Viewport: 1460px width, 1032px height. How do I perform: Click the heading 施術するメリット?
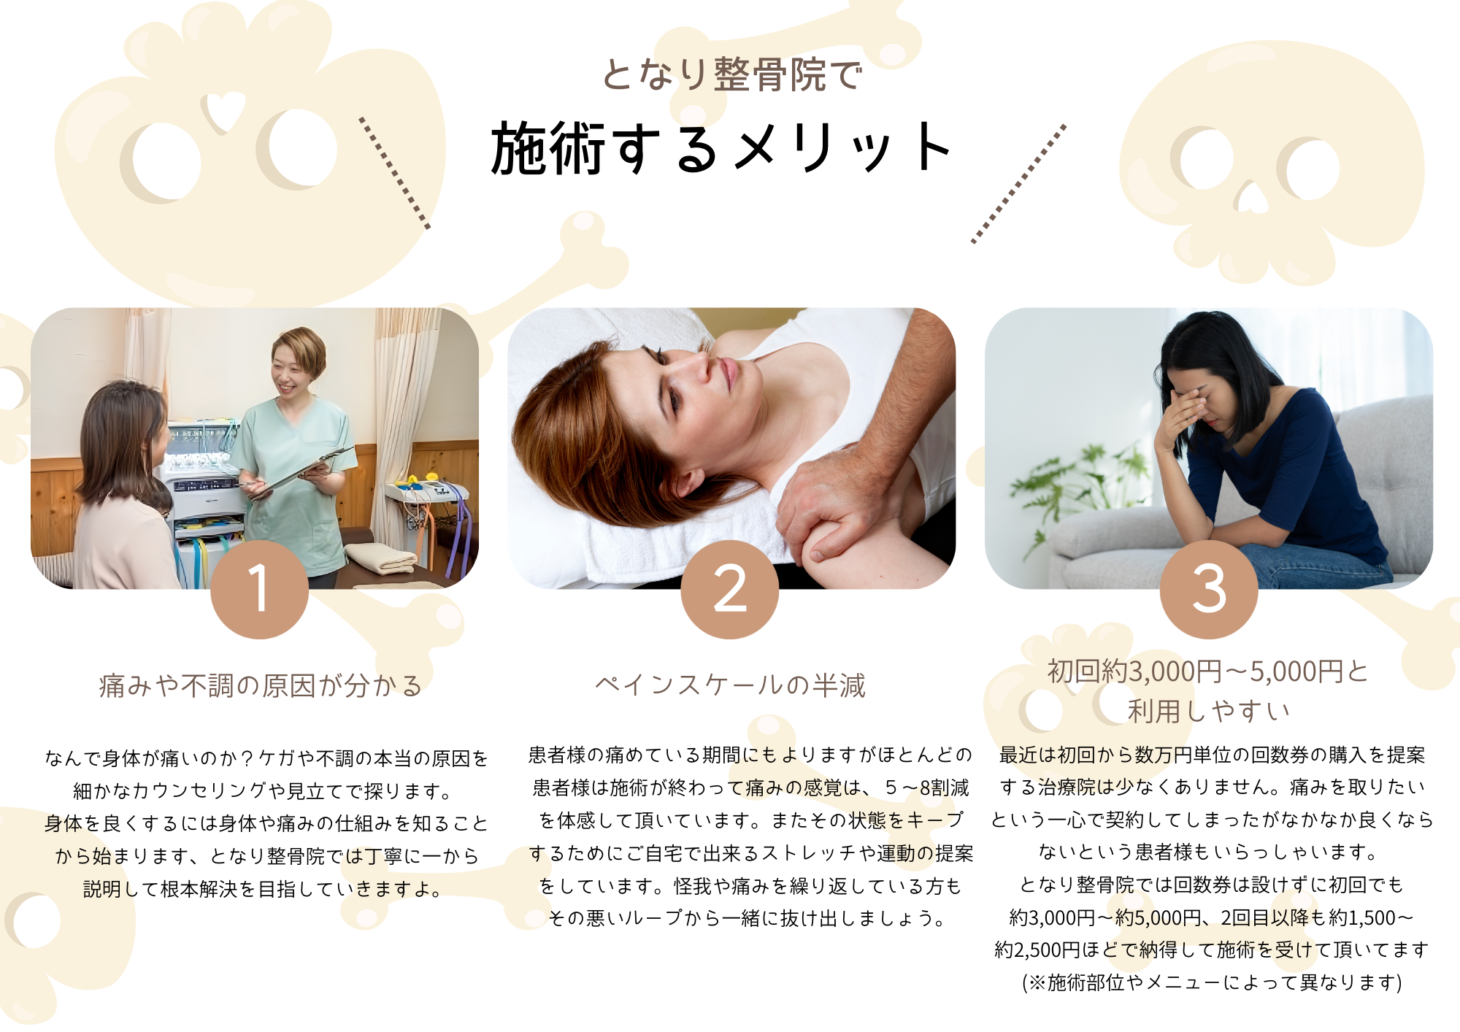[721, 148]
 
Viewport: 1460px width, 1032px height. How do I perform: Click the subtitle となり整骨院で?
[732, 74]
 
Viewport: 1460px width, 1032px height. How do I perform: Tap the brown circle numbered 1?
[259, 590]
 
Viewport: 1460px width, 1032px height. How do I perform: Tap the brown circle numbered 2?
[730, 590]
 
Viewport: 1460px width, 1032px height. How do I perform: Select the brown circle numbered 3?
[1209, 590]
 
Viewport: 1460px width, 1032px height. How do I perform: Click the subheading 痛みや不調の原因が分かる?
[261, 685]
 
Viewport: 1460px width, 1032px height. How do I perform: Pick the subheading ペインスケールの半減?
[730, 685]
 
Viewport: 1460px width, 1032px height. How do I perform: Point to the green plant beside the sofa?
[1062, 489]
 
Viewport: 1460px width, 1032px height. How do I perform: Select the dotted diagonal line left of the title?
[394, 173]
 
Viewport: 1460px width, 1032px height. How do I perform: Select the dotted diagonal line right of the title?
[1018, 183]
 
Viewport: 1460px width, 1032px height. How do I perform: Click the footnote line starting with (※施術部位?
[1212, 982]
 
